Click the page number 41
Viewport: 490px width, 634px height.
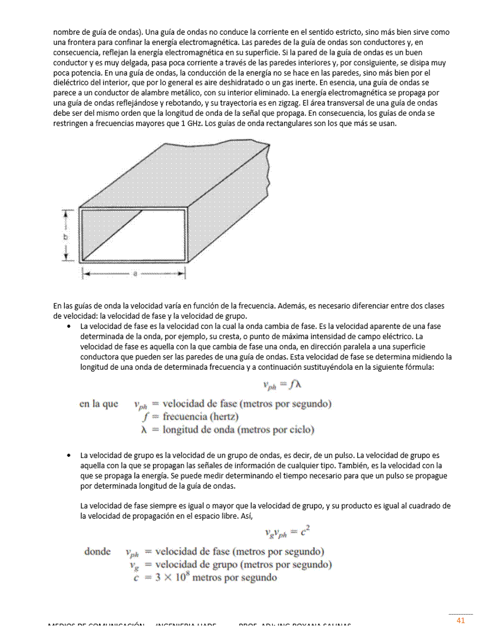click(461, 620)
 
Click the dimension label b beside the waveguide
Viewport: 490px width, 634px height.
click(65, 237)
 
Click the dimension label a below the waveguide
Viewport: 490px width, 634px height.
click(135, 273)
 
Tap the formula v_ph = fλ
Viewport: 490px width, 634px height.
click(280, 385)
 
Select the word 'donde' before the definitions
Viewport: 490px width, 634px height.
click(97, 551)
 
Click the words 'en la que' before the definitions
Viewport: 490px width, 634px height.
click(98, 403)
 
